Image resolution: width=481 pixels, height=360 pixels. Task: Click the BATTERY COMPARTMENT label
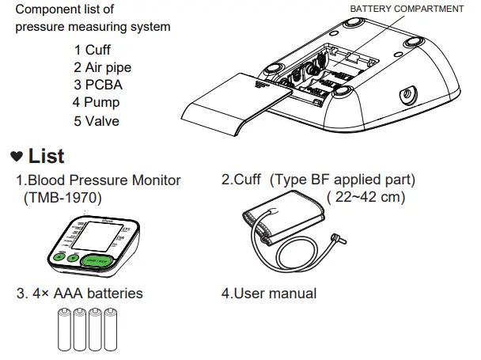407,9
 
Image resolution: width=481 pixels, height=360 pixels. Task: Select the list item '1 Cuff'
93,51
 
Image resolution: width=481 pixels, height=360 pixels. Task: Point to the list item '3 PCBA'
98,85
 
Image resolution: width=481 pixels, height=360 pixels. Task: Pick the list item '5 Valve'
98,120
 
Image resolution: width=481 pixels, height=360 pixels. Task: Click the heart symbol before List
16,155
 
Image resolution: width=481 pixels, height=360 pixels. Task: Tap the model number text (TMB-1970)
63,198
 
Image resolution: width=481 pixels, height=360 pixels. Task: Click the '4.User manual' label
268,294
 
